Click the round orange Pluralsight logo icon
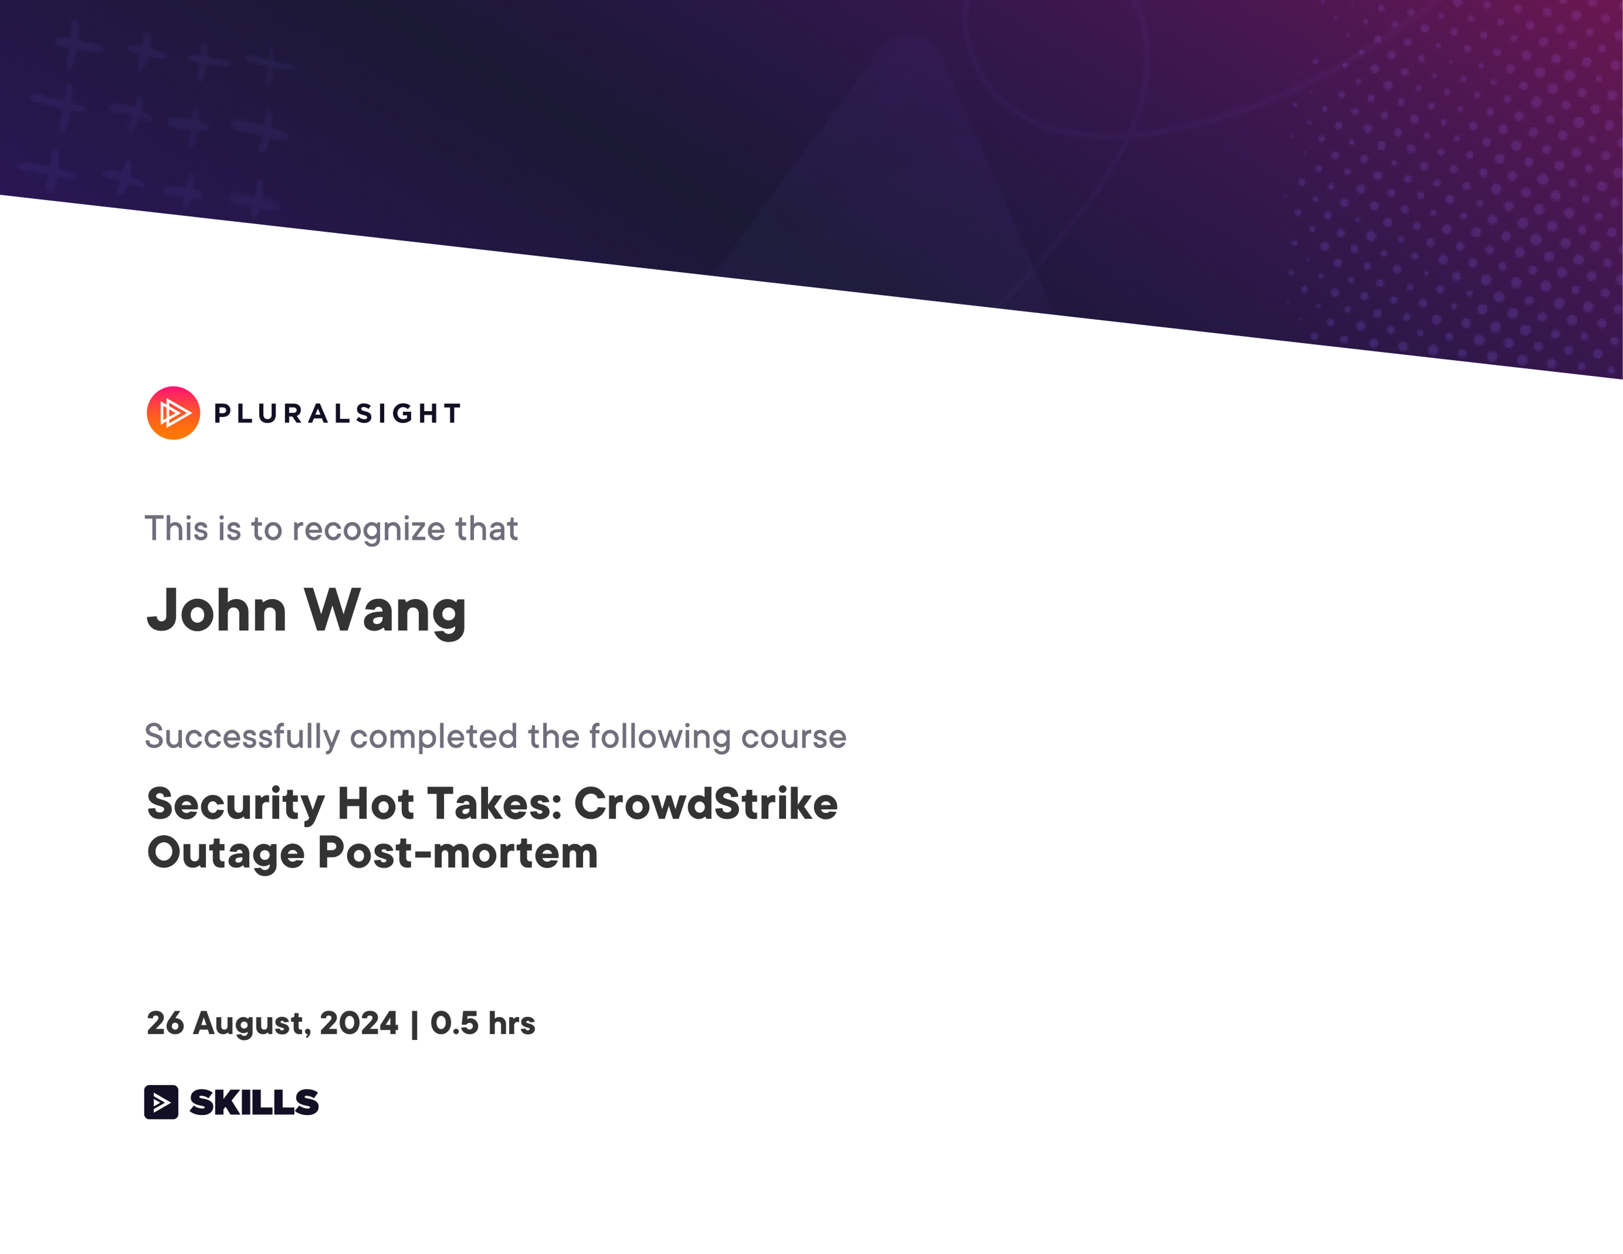click(x=173, y=413)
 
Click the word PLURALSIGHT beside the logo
click(x=338, y=414)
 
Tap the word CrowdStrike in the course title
click(x=706, y=804)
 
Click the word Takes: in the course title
click(x=494, y=804)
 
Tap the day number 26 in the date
click(x=165, y=1023)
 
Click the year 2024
click(x=359, y=1023)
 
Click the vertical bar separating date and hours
click(x=414, y=1024)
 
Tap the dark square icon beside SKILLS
click(x=161, y=1101)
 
